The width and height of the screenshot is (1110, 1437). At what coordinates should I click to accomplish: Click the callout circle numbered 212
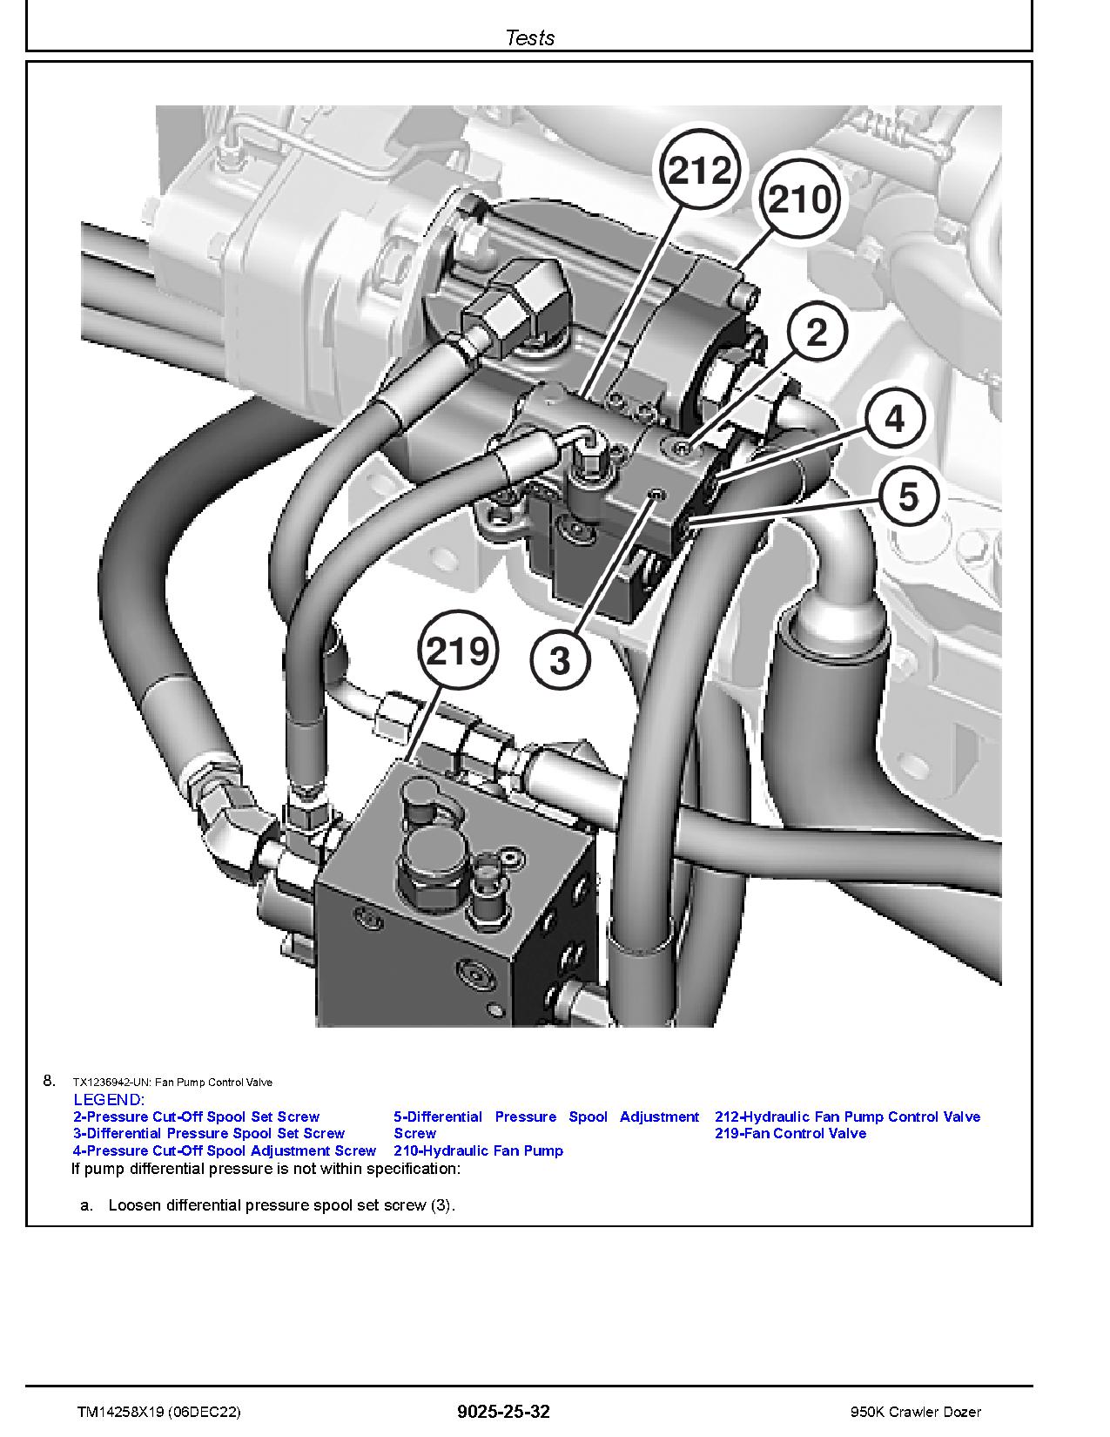(x=702, y=171)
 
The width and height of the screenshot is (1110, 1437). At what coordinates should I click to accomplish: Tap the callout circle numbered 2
(x=817, y=333)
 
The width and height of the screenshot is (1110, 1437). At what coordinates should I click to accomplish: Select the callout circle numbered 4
(x=895, y=420)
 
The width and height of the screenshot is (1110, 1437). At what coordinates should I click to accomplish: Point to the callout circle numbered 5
(x=908, y=497)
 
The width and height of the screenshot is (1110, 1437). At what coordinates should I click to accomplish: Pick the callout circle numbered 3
(x=561, y=660)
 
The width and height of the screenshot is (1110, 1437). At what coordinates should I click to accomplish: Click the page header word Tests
(x=529, y=37)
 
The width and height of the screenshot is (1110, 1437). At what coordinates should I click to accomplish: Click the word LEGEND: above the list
(x=109, y=1100)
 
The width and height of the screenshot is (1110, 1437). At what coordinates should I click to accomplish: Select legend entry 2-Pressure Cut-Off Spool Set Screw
(x=196, y=1117)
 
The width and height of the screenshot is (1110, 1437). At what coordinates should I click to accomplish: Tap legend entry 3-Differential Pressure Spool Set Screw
(x=209, y=1133)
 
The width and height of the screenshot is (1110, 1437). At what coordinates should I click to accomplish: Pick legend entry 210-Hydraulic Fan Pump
(x=478, y=1150)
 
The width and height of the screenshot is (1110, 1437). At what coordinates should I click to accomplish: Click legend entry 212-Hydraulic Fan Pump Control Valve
(x=847, y=1117)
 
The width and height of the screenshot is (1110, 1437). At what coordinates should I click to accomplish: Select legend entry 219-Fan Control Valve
(x=790, y=1133)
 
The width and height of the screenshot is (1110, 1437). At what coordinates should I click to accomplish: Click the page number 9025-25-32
(x=503, y=1412)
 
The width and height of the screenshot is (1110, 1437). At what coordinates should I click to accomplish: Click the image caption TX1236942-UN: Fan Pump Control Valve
(x=172, y=1083)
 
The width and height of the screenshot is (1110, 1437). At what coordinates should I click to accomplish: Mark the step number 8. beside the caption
(x=49, y=1081)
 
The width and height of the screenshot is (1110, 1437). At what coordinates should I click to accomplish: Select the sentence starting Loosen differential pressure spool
(x=281, y=1205)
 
